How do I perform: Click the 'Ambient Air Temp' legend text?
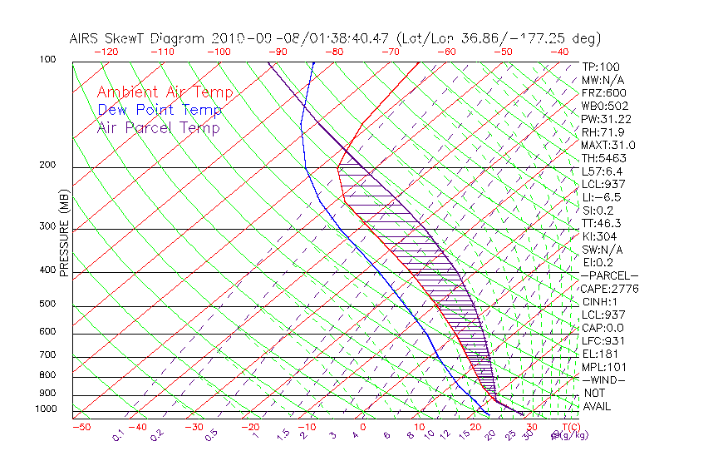click(165, 92)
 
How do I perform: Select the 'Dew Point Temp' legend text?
click(160, 110)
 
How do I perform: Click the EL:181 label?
click(598, 354)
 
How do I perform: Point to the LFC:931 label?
click(602, 340)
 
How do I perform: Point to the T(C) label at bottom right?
click(566, 427)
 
